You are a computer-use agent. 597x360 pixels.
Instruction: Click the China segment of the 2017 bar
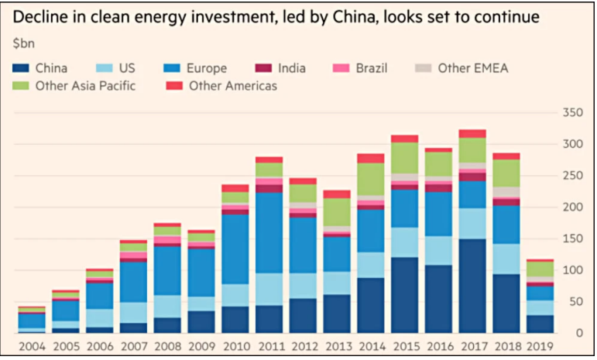(x=472, y=286)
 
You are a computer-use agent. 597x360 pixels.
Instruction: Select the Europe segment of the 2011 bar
(x=269, y=232)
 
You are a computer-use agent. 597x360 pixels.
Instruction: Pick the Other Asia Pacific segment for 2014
(x=370, y=179)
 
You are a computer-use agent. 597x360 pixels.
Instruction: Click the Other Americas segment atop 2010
(x=235, y=188)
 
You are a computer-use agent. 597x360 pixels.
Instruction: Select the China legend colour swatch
(x=20, y=68)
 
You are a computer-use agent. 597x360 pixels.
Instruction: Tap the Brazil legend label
(x=370, y=68)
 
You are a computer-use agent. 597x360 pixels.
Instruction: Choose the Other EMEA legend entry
(x=465, y=68)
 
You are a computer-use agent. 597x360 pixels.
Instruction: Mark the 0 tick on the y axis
(x=577, y=333)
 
